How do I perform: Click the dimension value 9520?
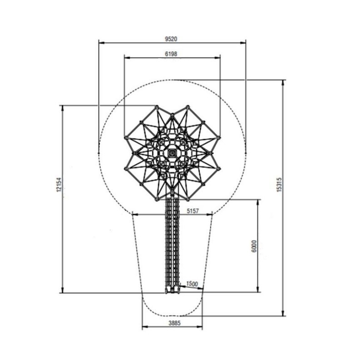(171, 39)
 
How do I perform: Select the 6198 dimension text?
(171, 54)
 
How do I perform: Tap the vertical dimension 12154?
(59, 185)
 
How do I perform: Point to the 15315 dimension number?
(279, 185)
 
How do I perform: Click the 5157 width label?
(193, 211)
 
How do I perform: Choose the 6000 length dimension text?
(254, 246)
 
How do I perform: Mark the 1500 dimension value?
(192, 284)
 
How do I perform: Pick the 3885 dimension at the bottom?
(175, 323)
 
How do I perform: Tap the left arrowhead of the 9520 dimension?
(101, 43)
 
